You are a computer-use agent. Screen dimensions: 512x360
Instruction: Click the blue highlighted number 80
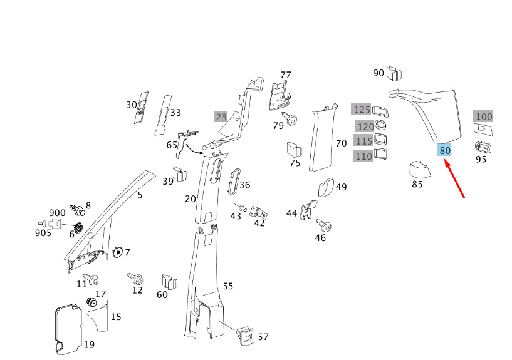444,150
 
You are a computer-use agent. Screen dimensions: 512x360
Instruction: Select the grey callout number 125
362,109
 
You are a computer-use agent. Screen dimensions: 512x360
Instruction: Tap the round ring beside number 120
380,125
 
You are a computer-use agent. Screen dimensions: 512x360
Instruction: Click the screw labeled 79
290,118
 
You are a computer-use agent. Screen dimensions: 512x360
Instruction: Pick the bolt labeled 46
324,225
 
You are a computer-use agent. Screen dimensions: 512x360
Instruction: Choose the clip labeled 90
394,73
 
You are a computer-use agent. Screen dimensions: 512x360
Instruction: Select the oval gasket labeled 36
234,182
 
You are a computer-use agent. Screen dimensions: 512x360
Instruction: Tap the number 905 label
43,233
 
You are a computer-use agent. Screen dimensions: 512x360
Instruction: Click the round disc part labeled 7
118,252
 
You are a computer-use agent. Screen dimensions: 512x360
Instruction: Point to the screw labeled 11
91,279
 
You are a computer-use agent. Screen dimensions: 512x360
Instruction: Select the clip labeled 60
169,282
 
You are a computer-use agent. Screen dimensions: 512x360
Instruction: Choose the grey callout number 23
221,116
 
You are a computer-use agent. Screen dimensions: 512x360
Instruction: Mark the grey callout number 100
484,116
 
